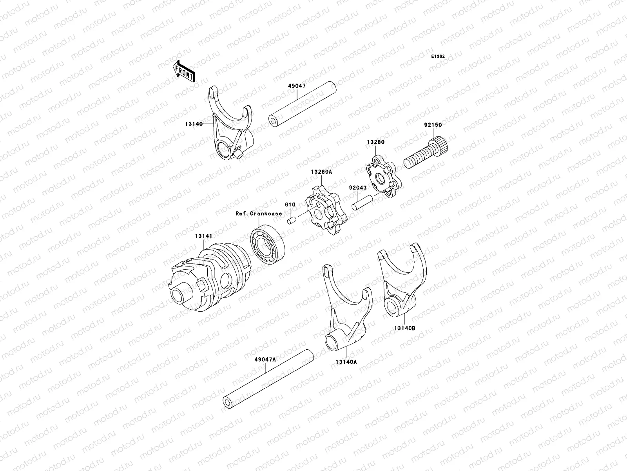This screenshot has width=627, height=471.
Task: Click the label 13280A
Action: click(321, 183)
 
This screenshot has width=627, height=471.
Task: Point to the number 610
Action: click(290, 204)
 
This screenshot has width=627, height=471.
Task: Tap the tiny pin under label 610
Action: click(291, 221)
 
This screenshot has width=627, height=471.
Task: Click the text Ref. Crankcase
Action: click(258, 214)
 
